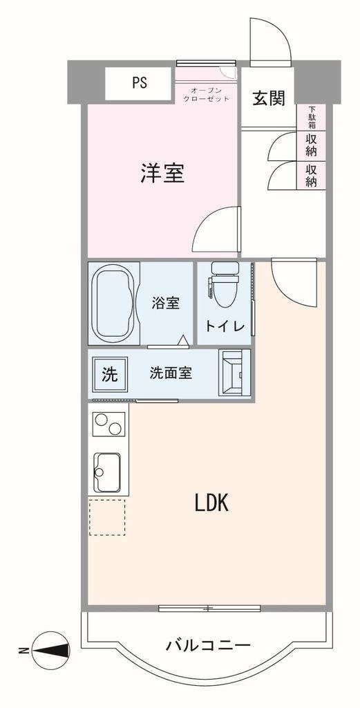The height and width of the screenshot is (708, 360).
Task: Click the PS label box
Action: pos(138,84)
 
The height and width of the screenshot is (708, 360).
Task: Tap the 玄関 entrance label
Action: pos(268,98)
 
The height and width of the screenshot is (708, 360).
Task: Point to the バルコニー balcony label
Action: pos(208,646)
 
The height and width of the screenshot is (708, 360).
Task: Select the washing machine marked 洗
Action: pos(110,374)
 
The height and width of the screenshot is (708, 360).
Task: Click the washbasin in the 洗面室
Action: pos(234,373)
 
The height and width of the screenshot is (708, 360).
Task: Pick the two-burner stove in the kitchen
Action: pos(108,424)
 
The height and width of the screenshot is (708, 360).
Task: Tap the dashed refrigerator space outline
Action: pos(107,517)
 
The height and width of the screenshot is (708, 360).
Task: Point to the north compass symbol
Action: pos(50,650)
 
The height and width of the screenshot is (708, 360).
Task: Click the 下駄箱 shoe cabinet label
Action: pos(312,118)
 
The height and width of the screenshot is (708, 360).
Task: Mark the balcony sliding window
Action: pos(210,607)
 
